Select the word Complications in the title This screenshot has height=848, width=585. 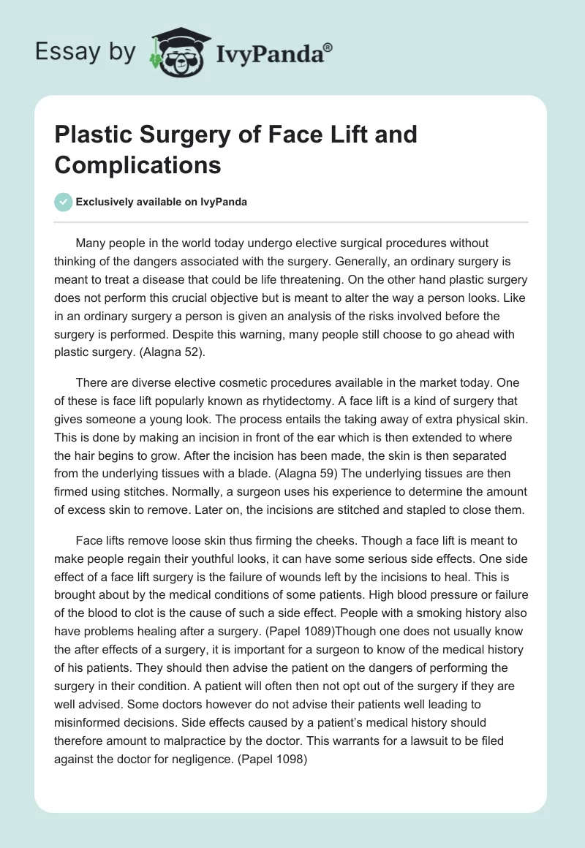(x=137, y=164)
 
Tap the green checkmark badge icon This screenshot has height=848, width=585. (x=64, y=202)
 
